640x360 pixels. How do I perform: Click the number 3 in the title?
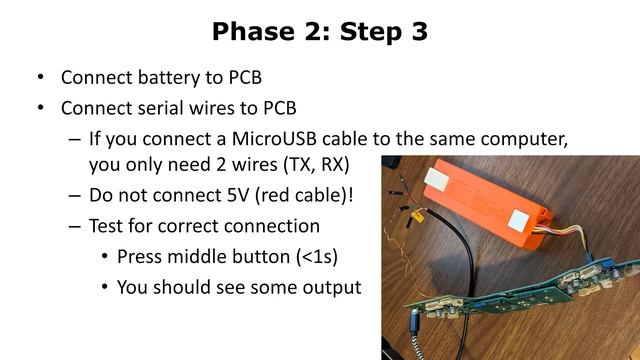pyautogui.click(x=418, y=32)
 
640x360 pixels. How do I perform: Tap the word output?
pyautogui.click(x=330, y=288)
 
